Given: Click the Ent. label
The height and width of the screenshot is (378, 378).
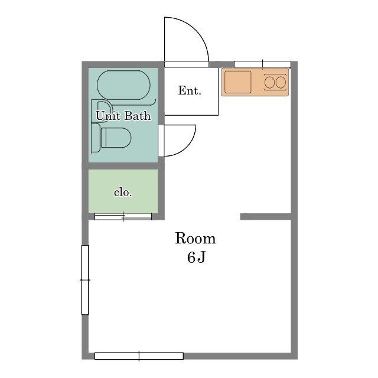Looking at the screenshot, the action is pos(190,90).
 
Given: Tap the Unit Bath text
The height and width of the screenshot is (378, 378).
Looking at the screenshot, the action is pos(123,116).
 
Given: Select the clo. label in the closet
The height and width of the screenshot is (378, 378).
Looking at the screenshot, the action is pos(123,193).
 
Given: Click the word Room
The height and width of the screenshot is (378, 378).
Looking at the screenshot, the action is pos(195,238).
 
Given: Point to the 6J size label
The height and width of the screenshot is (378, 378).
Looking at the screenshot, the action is pos(196,258).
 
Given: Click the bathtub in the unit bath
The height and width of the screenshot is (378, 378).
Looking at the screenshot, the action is pos(123,85).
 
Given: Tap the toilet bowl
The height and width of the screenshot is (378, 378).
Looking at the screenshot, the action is pos(116,138).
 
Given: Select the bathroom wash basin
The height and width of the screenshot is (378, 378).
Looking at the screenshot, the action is pos(104,111).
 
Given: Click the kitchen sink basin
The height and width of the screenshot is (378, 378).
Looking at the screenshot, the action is pos(237,82).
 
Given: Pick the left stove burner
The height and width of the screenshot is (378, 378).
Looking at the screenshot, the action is pos(269,83).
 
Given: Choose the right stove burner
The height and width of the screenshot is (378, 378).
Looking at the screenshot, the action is pos(281,83).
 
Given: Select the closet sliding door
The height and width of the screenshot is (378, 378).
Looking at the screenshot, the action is pos(123,217).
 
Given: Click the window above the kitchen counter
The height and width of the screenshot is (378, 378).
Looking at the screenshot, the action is pos(262,64).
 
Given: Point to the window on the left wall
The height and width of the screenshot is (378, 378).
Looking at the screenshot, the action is pos(85,280).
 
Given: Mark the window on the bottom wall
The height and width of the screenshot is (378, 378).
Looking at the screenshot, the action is pos(139,356).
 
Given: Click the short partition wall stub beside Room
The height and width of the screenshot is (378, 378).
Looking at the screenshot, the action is pos(266,217).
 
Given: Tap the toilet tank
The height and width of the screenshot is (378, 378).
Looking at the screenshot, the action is pos(96,138).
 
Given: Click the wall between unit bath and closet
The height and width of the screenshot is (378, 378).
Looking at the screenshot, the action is pos(123,166).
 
